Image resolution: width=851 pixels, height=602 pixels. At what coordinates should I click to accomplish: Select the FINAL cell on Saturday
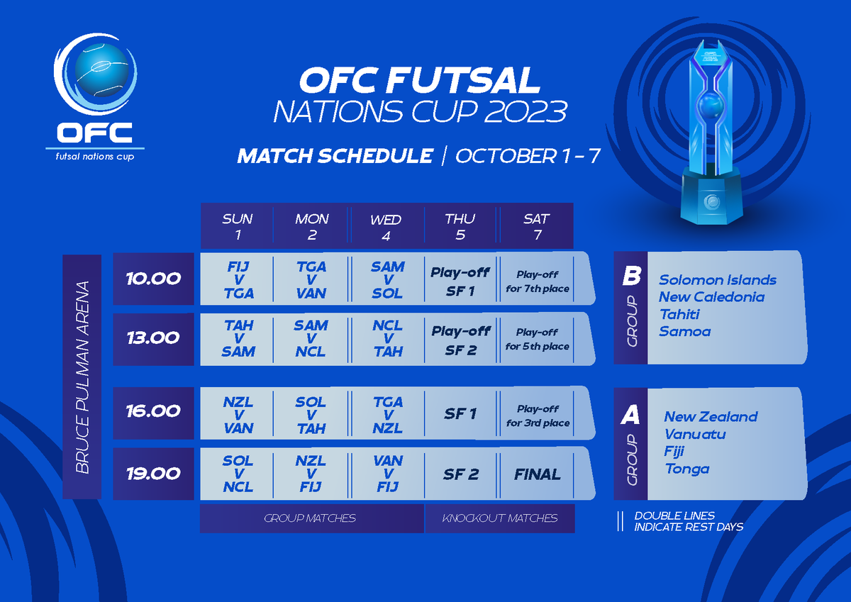coord(537,474)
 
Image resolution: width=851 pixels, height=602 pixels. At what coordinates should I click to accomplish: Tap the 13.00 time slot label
coord(152,338)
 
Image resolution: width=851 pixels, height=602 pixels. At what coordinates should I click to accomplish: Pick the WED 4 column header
coord(386,227)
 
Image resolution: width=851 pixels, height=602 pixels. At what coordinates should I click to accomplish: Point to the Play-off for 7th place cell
coord(537,281)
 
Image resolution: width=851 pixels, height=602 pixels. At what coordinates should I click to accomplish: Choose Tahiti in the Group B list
coord(679,314)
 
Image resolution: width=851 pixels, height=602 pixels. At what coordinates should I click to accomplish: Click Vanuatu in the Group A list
coord(695,434)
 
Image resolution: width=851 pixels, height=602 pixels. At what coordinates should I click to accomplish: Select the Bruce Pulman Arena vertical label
coord(83,377)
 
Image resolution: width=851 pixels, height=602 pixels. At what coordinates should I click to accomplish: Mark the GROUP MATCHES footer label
coord(310,518)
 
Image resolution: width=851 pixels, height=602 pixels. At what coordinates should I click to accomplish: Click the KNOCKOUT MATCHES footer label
coord(500,518)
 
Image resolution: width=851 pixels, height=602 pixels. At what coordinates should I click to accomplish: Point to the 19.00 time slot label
coord(152,474)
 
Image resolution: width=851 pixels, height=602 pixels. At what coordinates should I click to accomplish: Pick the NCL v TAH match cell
coord(387,339)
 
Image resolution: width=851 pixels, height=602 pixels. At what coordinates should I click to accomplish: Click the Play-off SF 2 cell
coord(461,340)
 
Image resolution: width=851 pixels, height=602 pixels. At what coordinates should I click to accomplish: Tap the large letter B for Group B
coord(630,277)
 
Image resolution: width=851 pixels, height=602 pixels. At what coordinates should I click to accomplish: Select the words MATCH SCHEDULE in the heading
coord(335,156)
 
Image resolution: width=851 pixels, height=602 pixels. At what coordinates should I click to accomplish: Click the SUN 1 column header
coord(238,227)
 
